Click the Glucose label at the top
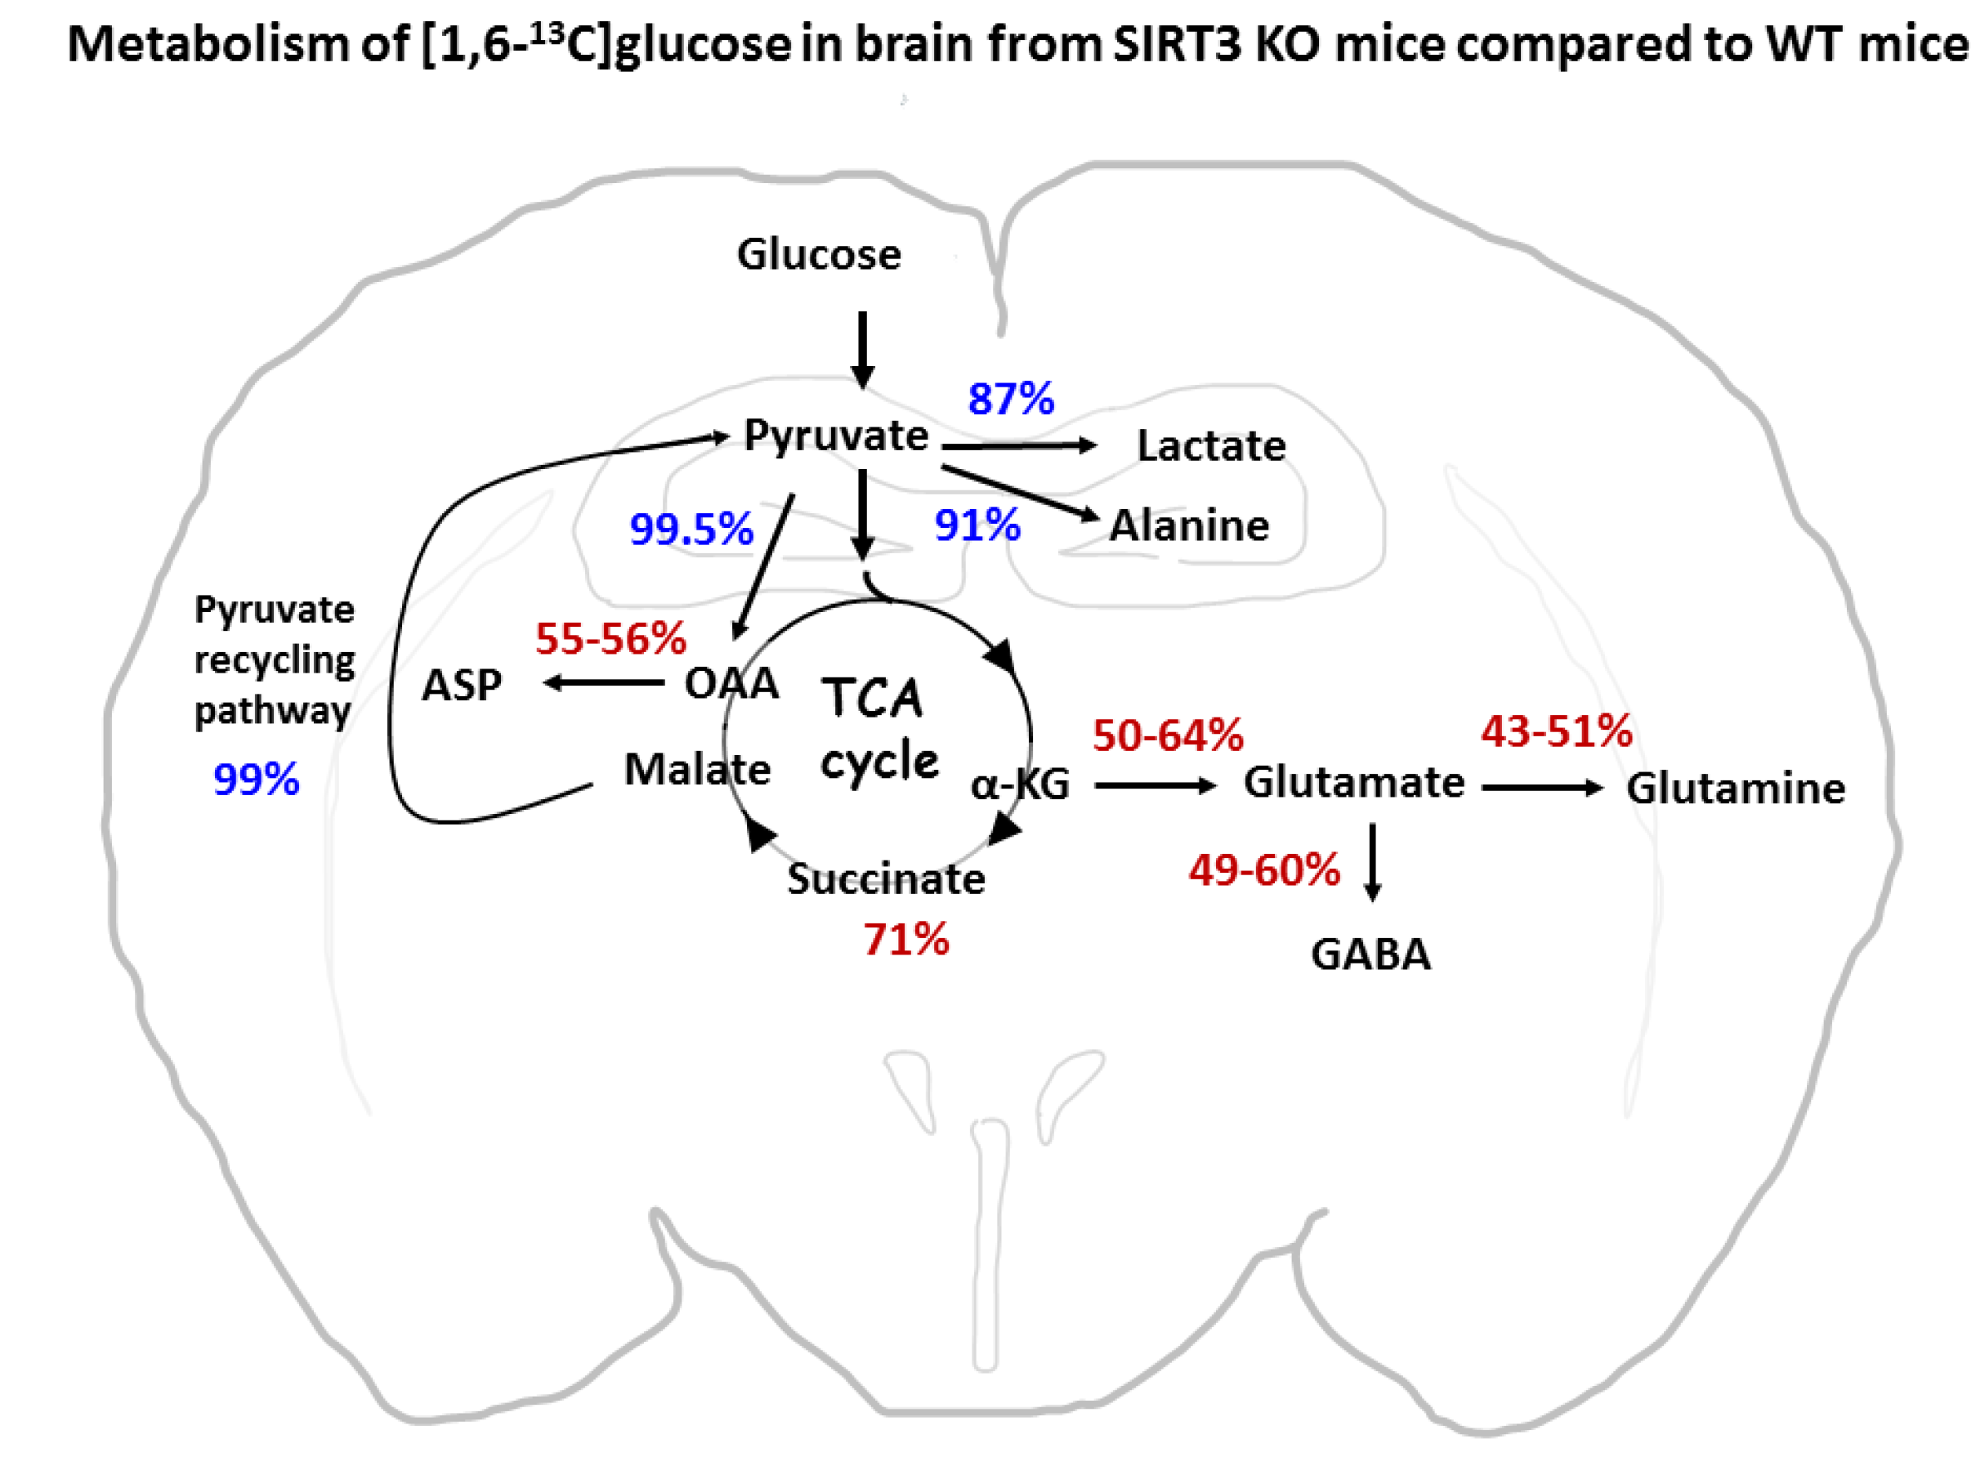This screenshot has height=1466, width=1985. pyautogui.click(x=818, y=255)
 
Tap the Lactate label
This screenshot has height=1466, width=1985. pyautogui.click(x=1210, y=445)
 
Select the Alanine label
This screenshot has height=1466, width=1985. pyautogui.click(x=1189, y=525)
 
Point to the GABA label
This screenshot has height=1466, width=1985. pyautogui.click(x=1370, y=954)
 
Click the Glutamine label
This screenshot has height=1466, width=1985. pyautogui.click(x=1735, y=788)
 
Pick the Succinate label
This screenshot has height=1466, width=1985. pyautogui.click(x=886, y=879)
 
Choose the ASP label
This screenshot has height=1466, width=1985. pyautogui.click(x=462, y=685)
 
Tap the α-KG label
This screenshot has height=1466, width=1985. pyautogui.click(x=1020, y=784)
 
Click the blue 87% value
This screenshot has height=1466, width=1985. pyautogui.click(x=1011, y=399)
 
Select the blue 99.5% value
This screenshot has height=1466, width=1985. pyautogui.click(x=691, y=529)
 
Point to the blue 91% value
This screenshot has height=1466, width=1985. pyautogui.click(x=977, y=525)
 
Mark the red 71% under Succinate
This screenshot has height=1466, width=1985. pyautogui.click(x=906, y=939)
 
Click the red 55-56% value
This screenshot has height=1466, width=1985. pyautogui.click(x=610, y=638)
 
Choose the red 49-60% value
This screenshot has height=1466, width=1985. pyautogui.click(x=1263, y=869)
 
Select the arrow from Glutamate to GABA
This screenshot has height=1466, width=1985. pyautogui.click(x=1372, y=860)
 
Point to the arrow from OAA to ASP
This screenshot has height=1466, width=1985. pyautogui.click(x=602, y=682)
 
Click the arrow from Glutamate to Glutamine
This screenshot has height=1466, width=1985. pyautogui.click(x=1541, y=787)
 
